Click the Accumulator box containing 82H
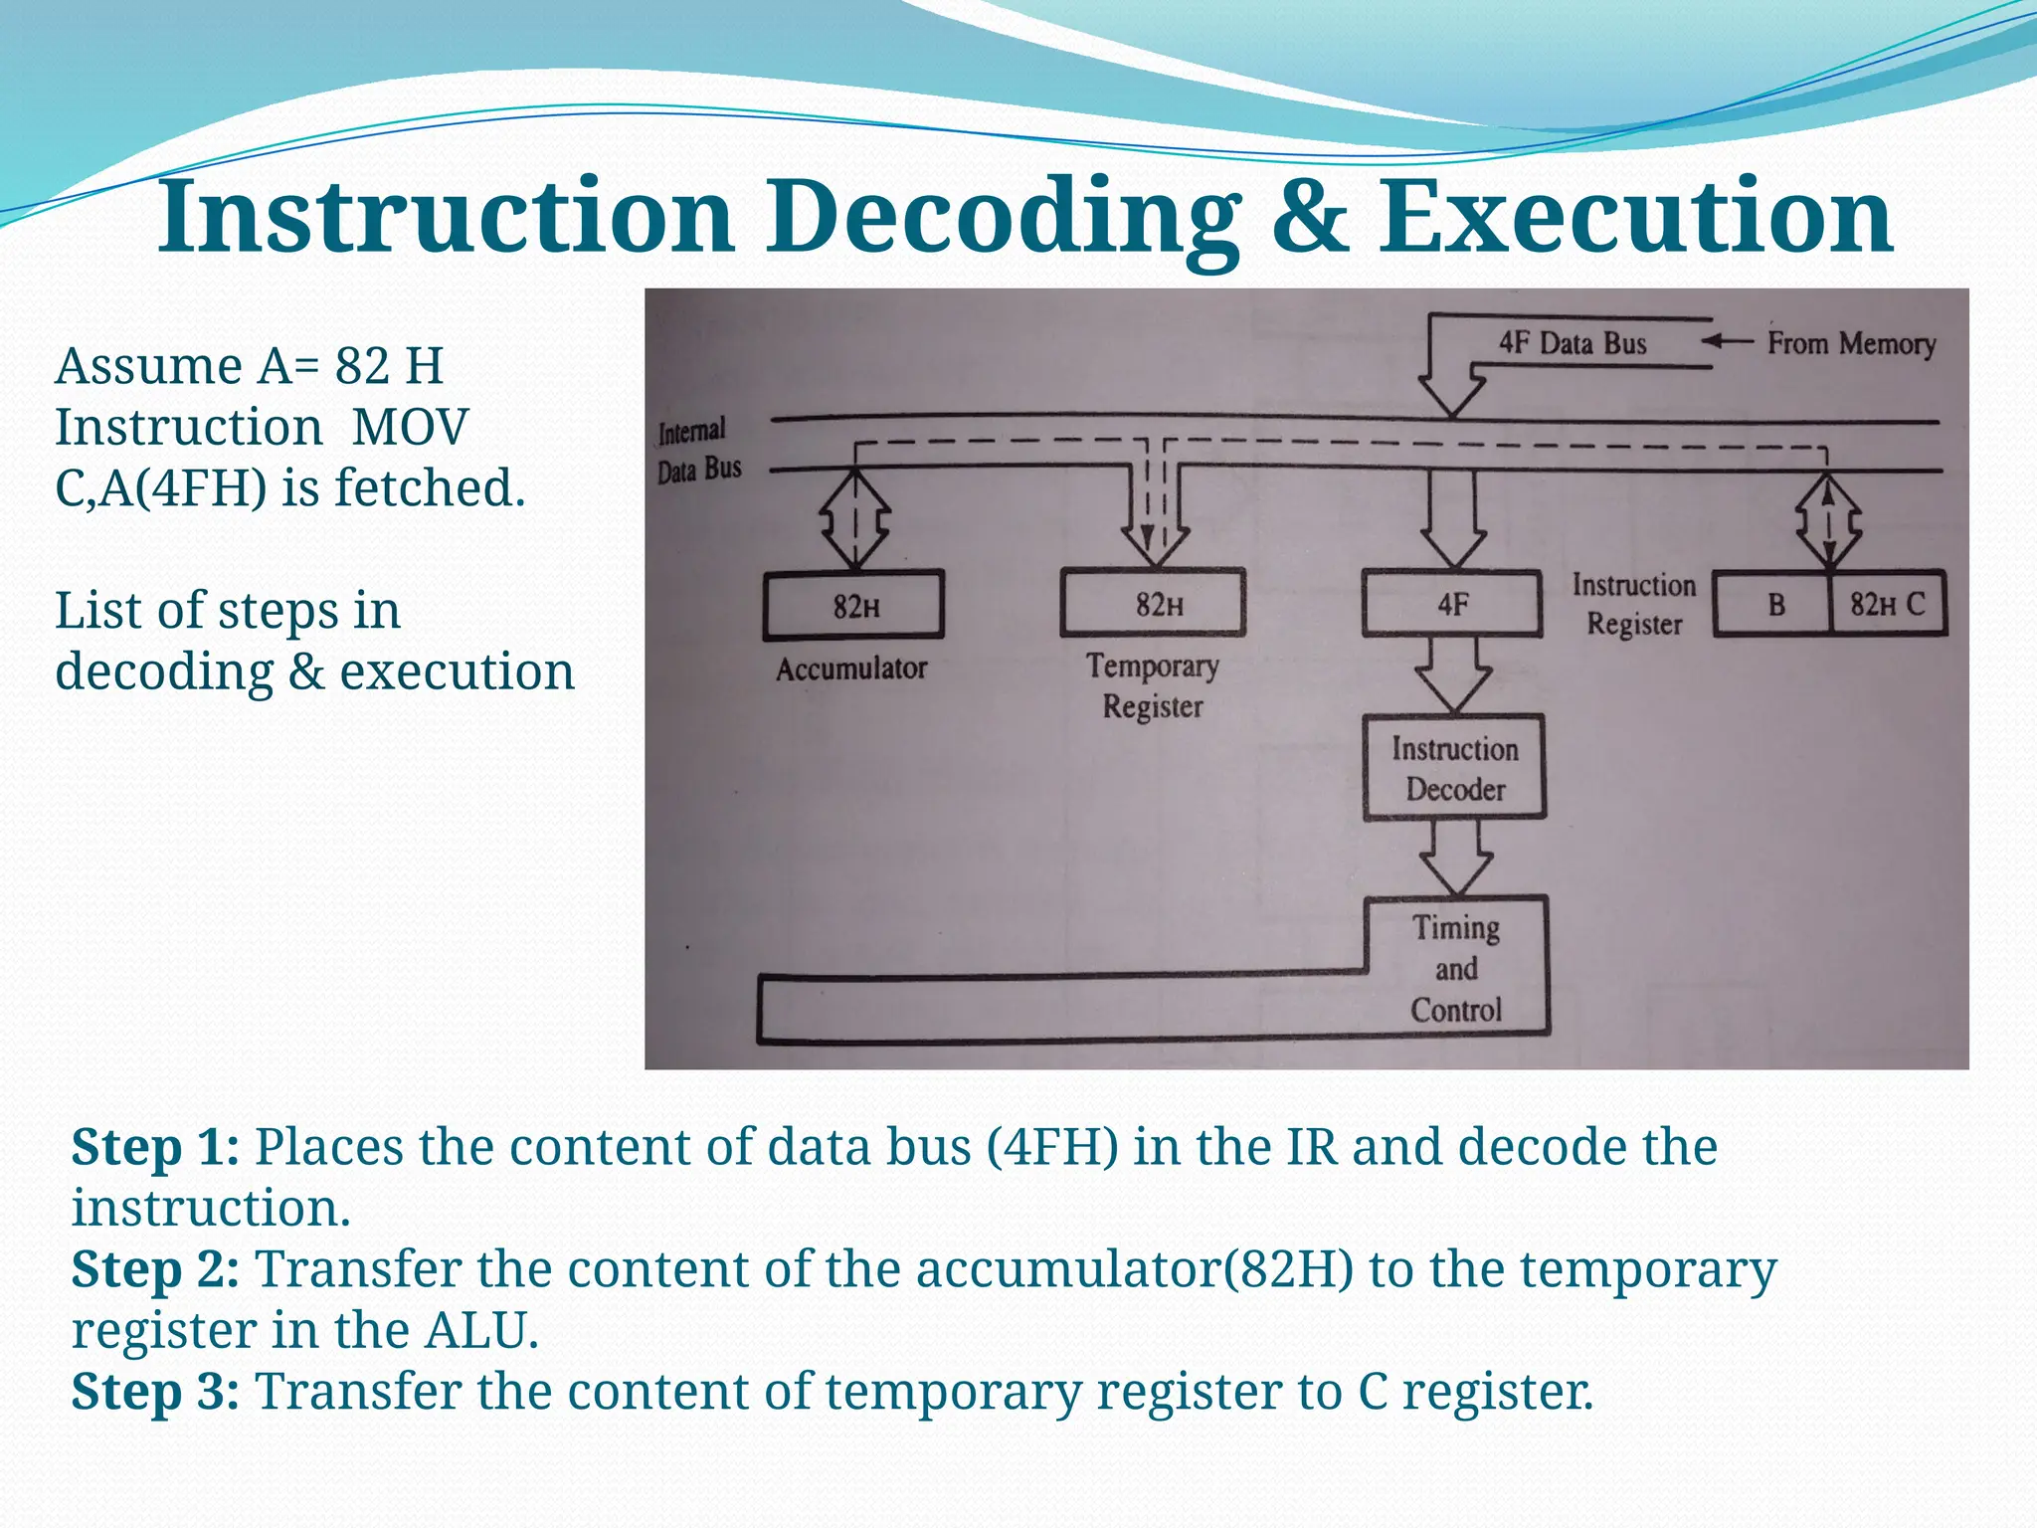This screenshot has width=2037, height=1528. click(x=853, y=605)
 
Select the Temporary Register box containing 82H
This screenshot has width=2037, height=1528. click(x=1153, y=603)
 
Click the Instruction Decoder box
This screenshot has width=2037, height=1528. click(x=1454, y=768)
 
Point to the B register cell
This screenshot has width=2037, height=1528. click(x=1774, y=604)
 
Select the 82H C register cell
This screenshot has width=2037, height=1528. click(x=1888, y=604)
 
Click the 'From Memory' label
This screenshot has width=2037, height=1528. click(x=1851, y=343)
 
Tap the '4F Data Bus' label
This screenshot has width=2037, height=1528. click(x=1573, y=343)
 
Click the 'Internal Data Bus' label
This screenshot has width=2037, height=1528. click(x=698, y=450)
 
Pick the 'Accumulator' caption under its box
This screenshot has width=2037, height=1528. click(x=851, y=668)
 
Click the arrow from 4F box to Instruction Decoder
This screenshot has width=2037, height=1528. click(x=1453, y=674)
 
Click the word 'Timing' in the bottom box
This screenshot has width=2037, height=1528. click(x=1456, y=927)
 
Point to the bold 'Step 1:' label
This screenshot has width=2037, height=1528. click(x=155, y=1147)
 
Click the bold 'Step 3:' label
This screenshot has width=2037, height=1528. click(x=155, y=1391)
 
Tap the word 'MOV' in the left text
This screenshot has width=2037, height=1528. click(x=410, y=427)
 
